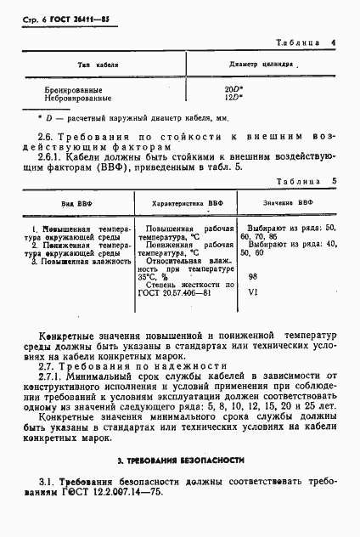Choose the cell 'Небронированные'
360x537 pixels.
coord(78,98)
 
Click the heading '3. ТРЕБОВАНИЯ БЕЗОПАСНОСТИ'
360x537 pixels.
coord(181,460)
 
